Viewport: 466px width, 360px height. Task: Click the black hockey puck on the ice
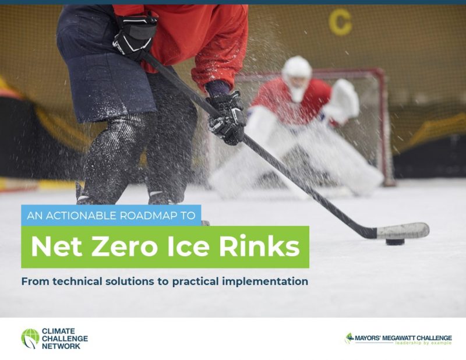pyautogui.click(x=395, y=240)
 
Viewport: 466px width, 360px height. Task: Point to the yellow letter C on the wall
pyautogui.click(x=340, y=23)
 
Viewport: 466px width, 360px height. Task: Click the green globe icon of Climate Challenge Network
pyautogui.click(x=30, y=338)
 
